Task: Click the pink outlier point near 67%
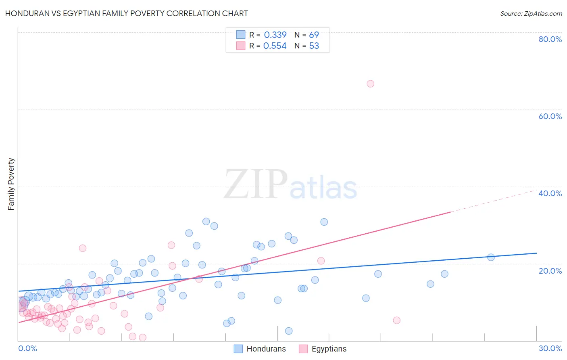pos(370,84)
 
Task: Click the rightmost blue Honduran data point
pos(491,257)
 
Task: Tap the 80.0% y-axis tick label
pos(550,39)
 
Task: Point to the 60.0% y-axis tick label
pos(550,116)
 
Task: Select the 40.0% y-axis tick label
pos(550,193)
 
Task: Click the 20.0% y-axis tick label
pos(550,270)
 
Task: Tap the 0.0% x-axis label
pos(27,348)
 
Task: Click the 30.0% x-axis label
pos(550,348)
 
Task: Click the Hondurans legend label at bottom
pos(266,349)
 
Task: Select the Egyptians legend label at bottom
pos(329,349)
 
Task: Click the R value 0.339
pos(275,35)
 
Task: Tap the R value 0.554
pos(275,46)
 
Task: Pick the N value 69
pos(314,35)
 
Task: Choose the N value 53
pos(314,46)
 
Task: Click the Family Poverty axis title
pos(11,184)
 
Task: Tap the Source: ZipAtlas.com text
pos(531,13)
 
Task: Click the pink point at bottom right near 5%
pos(396,320)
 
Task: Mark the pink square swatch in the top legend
pos(241,46)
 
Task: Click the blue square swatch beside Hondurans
pos(238,349)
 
